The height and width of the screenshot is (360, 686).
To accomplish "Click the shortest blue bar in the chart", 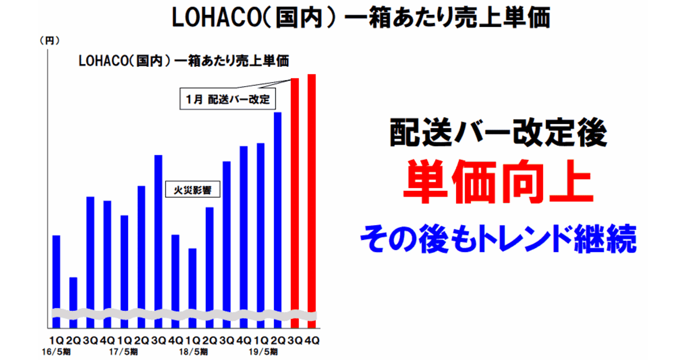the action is coord(74,302).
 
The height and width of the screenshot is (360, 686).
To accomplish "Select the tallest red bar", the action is coord(312,201).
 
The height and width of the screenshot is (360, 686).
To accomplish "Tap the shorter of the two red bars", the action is coord(294,203).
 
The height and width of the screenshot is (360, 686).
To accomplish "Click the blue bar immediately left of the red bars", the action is coord(277,220).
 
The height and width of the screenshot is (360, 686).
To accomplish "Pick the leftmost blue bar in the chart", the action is coord(57,282).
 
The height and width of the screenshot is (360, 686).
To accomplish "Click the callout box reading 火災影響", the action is coord(193,189).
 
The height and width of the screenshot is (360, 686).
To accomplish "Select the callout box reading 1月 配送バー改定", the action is coord(228,98).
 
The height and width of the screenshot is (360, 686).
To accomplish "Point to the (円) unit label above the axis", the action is coord(50,41).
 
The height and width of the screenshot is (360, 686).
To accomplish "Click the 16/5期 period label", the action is coord(56,352).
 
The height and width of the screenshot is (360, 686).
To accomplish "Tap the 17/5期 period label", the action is coord(123,352).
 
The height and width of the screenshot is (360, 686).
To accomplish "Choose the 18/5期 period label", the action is coord(194,352).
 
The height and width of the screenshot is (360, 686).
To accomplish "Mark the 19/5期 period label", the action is coord(264,352).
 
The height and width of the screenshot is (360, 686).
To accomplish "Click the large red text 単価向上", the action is coord(498,182).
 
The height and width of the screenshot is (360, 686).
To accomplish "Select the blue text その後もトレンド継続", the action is coord(498,239).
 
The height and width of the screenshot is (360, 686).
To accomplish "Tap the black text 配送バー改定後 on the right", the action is coord(498,132).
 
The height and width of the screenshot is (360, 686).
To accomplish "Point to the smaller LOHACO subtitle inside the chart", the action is coord(103,61).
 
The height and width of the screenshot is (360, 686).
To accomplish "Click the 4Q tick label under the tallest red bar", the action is coord(312,340).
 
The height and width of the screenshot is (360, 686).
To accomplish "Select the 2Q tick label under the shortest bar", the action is coord(74,340).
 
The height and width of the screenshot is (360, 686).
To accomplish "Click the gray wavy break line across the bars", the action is coord(184,314).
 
